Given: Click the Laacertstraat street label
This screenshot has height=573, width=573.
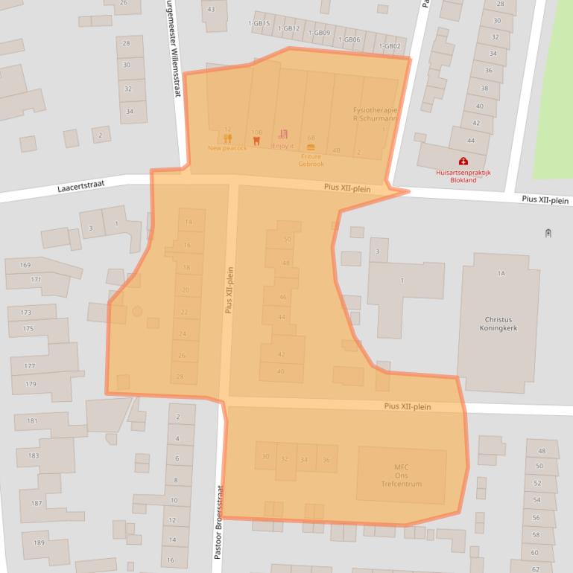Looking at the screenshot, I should pyautogui.click(x=80, y=188).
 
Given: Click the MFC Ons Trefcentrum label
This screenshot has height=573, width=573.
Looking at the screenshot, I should pyautogui.click(x=402, y=476).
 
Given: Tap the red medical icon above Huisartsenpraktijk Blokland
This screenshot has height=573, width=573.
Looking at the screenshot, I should pyautogui.click(x=463, y=161).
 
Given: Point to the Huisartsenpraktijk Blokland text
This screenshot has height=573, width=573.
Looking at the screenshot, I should pyautogui.click(x=463, y=176).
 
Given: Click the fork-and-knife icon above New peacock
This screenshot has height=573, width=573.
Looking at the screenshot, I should pyautogui.click(x=227, y=138).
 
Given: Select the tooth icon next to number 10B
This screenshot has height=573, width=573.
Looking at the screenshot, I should pyautogui.click(x=257, y=139).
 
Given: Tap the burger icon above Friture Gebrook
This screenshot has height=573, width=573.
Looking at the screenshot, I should pyautogui.click(x=311, y=147).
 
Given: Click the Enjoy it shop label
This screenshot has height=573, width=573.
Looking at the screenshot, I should pyautogui.click(x=282, y=146).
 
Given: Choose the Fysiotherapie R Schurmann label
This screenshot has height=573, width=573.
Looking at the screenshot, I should pyautogui.click(x=375, y=114).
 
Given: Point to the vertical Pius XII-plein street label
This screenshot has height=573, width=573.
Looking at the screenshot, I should pyautogui.click(x=229, y=289).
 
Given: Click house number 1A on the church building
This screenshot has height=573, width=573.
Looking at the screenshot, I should pyautogui.click(x=501, y=274).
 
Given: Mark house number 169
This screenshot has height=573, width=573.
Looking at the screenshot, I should pyautogui.click(x=25, y=265).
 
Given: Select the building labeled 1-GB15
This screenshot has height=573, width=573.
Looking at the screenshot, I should pyautogui.click(x=259, y=23).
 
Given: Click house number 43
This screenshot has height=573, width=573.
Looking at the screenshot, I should pyautogui.click(x=211, y=9).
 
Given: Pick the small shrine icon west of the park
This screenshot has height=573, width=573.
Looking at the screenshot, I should pyautogui.click(x=548, y=233).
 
